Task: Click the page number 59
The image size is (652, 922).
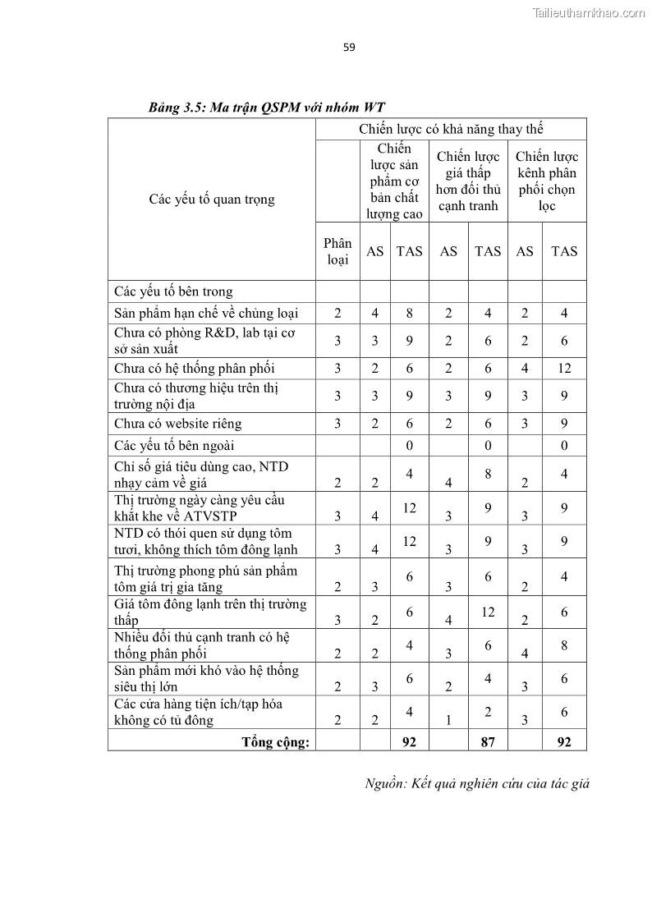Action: click(349, 47)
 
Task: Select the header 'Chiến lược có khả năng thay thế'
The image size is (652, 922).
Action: click(451, 129)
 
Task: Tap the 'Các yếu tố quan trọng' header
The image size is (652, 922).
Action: click(212, 200)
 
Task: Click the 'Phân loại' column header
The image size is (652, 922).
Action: click(337, 251)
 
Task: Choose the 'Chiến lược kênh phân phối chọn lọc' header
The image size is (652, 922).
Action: click(547, 181)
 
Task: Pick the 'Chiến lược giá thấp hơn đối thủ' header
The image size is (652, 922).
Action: click(468, 181)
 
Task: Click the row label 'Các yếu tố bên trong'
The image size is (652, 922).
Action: click(174, 291)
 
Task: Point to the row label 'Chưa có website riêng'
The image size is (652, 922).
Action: click(178, 424)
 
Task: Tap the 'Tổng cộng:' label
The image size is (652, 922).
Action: click(275, 742)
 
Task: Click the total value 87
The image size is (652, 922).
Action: click(488, 742)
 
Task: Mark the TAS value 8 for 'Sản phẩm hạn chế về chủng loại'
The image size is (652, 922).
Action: click(409, 313)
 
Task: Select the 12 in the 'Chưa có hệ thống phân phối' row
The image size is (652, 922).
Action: click(564, 368)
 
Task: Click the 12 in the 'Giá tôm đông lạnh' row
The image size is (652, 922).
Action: click(488, 612)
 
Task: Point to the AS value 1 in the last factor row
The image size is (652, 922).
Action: click(448, 721)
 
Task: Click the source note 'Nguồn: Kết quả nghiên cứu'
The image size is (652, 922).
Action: click(477, 783)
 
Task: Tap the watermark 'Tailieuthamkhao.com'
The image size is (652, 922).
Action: click(589, 12)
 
